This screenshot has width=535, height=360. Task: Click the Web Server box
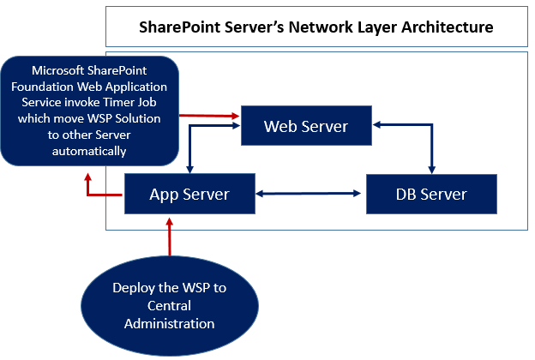pyautogui.click(x=306, y=126)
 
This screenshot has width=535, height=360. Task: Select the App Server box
pyautogui.click(x=189, y=194)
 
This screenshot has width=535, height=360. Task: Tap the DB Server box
pyautogui.click(x=430, y=194)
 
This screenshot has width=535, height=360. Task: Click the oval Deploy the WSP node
pyautogui.click(x=169, y=305)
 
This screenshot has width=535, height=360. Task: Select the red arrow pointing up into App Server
pyautogui.click(x=170, y=236)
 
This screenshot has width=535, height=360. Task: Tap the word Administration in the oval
pyautogui.click(x=169, y=323)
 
